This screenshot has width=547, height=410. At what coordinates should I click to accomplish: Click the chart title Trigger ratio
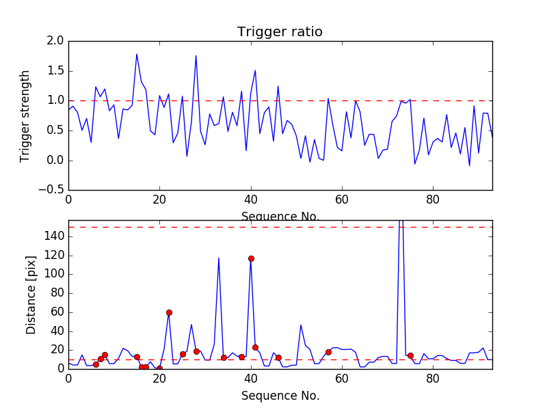point(280,32)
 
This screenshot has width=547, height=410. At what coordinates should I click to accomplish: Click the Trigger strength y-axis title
point(25,115)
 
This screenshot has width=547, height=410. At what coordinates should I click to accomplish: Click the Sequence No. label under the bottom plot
point(280,396)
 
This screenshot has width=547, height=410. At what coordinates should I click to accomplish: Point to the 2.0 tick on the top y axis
point(56,41)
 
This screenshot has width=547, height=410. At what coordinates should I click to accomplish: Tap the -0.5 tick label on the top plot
point(53,190)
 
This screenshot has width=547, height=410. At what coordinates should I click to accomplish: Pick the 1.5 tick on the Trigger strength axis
point(56,71)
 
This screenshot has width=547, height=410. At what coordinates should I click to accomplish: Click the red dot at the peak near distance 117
point(251,258)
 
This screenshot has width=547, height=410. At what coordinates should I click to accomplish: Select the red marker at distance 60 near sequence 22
point(169,312)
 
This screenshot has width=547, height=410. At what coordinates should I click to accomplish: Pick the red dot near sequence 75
point(410,355)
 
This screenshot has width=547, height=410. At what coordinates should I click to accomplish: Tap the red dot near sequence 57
point(328,352)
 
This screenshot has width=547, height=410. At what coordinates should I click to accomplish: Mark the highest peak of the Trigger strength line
point(137,54)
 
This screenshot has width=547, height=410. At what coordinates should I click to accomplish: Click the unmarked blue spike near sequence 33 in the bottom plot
point(219,258)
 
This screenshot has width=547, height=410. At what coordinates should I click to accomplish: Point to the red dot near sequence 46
point(278,357)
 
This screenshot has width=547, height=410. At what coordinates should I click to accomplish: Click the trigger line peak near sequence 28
point(196,55)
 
